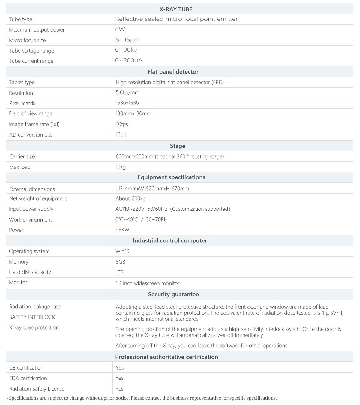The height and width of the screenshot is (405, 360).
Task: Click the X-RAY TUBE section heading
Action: [x=176, y=9]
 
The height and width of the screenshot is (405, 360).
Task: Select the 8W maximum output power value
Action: [x=120, y=29]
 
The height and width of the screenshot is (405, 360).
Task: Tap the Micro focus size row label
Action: [x=27, y=40]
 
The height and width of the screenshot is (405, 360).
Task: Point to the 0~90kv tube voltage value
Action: [x=126, y=50]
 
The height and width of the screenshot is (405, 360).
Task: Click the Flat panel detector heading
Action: [x=173, y=72]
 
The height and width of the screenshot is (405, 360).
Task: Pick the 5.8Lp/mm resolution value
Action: [x=127, y=92]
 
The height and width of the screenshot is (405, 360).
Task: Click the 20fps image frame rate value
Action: [x=122, y=124]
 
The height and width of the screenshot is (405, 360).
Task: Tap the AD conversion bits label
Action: [x=31, y=135]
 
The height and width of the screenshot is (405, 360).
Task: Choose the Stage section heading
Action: [x=178, y=146]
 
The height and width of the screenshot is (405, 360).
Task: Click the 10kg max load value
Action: [x=121, y=167]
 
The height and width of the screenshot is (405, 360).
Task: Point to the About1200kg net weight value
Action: [x=130, y=198]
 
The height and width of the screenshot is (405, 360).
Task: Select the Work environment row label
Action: [x=30, y=220]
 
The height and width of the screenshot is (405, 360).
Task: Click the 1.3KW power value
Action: [x=122, y=230]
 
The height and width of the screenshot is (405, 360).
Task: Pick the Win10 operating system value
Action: [x=122, y=251]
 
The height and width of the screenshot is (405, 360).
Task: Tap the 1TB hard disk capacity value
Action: [x=119, y=272]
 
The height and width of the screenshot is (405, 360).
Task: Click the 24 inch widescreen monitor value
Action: [x=147, y=283]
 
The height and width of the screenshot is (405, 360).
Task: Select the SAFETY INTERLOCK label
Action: [x=32, y=317]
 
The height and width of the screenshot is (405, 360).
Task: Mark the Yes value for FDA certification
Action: [x=119, y=378]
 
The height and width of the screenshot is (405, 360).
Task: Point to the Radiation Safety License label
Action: [x=37, y=389]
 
